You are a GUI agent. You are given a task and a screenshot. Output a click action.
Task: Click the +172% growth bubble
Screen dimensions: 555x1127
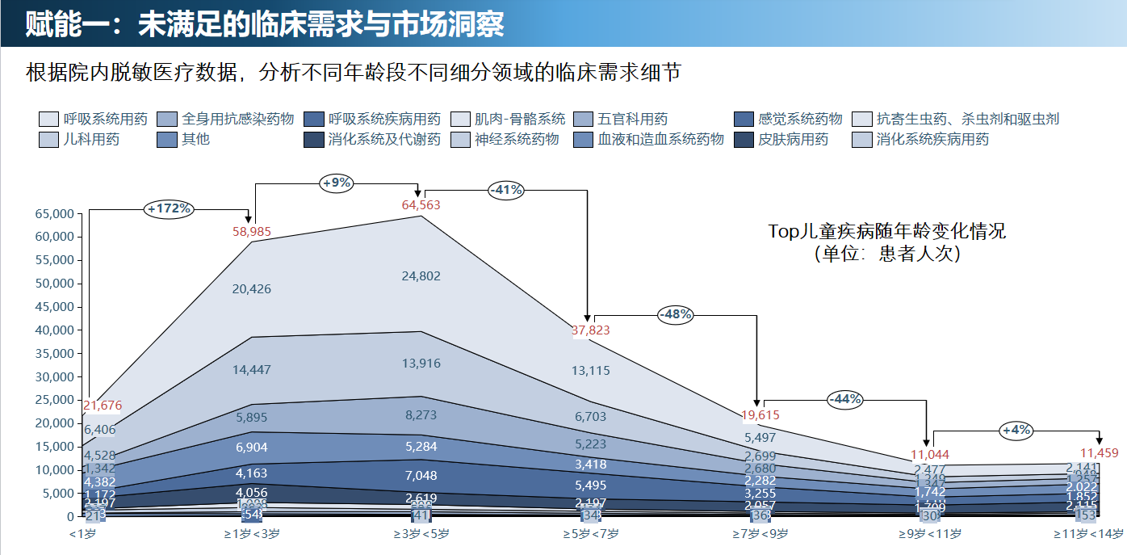coord(170,208)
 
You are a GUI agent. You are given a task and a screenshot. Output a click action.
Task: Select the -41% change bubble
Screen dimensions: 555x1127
coord(506,191)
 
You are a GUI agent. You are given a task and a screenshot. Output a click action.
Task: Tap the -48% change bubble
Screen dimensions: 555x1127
coord(675,314)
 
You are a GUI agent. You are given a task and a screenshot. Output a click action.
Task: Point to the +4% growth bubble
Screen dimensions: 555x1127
coord(1016,430)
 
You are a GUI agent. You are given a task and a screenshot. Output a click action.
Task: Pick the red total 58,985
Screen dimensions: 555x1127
coord(252,232)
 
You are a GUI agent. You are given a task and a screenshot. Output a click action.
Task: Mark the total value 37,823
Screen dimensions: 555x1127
coord(591,330)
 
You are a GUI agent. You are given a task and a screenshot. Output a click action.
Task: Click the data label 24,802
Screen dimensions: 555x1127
coord(421,276)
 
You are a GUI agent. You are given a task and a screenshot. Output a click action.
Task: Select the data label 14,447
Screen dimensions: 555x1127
coord(252,370)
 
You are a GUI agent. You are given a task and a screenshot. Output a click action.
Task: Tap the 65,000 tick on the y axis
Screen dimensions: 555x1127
coord(55,214)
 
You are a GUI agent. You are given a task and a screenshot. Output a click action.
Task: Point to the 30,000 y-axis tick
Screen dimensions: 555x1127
coord(55,377)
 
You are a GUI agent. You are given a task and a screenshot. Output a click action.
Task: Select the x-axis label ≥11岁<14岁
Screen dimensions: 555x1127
coord(1088,533)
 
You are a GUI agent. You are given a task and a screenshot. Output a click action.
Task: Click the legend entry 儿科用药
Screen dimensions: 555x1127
coord(92,139)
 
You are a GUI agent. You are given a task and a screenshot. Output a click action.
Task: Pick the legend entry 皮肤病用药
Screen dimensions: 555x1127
coord(793,139)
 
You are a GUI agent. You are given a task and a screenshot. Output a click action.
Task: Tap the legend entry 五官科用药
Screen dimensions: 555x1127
coord(632,119)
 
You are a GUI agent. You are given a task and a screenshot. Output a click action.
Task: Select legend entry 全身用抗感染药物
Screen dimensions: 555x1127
coord(237,119)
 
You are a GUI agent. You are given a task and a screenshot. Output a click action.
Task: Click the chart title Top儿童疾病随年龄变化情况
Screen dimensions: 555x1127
coord(887,232)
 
